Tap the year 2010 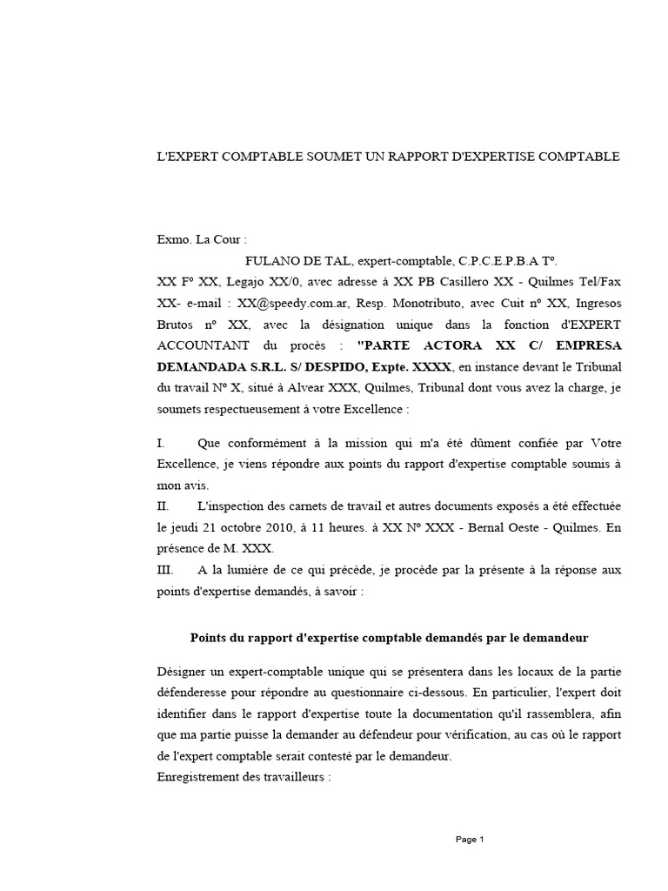click(291, 527)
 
